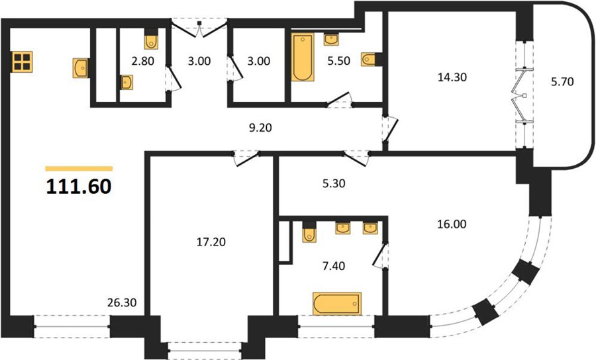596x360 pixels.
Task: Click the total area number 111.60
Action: tap(79, 187)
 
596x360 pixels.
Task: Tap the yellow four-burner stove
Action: tap(22, 62)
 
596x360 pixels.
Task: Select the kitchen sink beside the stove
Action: tap(81, 68)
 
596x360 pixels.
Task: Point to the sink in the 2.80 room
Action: tap(127, 82)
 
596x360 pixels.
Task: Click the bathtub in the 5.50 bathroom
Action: tap(303, 58)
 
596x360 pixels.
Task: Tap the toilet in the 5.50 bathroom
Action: tap(369, 60)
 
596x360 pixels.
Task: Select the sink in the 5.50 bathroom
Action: tap(331, 40)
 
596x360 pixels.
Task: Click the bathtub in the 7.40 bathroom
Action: tap(337, 303)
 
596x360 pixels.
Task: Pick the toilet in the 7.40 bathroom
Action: tap(309, 234)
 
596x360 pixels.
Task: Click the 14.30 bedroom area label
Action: tap(452, 77)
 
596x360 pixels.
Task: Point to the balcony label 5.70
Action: tap(562, 81)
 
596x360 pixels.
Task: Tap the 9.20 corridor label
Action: tap(260, 128)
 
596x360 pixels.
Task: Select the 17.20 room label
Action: tap(211, 242)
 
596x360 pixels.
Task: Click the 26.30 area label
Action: tap(122, 302)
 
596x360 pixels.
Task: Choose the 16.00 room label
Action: tap(452, 224)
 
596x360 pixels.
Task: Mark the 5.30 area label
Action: tap(334, 183)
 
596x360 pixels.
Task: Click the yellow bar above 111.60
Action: tap(79, 169)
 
